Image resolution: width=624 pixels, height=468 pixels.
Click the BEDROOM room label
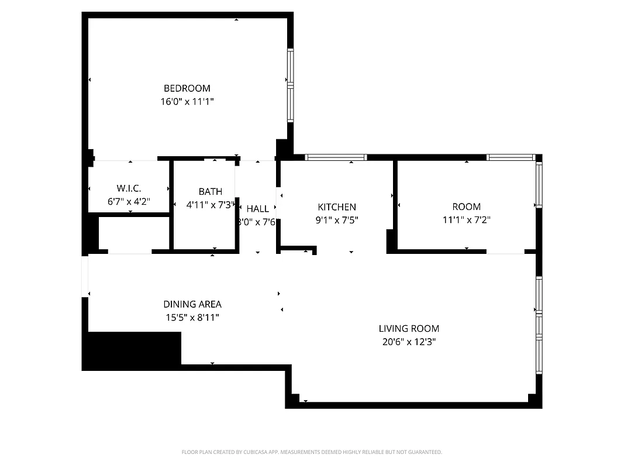point(187,88)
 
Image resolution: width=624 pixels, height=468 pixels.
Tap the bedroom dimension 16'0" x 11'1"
point(187,102)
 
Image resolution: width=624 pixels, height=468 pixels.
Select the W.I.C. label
point(129,188)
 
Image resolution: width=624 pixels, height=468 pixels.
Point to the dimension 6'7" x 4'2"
point(129,201)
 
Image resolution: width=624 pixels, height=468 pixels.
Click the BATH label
point(210,191)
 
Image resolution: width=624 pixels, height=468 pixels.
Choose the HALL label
point(257,209)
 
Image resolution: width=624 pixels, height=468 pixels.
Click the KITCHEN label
point(336,207)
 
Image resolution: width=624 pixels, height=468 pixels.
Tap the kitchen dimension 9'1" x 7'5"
point(336,221)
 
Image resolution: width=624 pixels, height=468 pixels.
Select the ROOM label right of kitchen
point(466,207)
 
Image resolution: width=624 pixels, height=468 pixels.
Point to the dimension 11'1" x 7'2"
point(466,221)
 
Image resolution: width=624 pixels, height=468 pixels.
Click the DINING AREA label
point(192,304)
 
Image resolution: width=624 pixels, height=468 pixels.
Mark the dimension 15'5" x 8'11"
point(192,318)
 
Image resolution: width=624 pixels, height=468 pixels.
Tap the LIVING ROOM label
point(409,329)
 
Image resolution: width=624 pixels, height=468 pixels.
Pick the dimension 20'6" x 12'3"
point(409,342)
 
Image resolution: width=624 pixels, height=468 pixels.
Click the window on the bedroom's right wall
point(290,85)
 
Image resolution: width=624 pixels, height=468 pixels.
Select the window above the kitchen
point(336,157)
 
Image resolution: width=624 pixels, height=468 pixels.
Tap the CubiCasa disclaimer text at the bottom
point(312,452)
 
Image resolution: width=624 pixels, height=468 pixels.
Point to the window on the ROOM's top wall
point(511,157)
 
